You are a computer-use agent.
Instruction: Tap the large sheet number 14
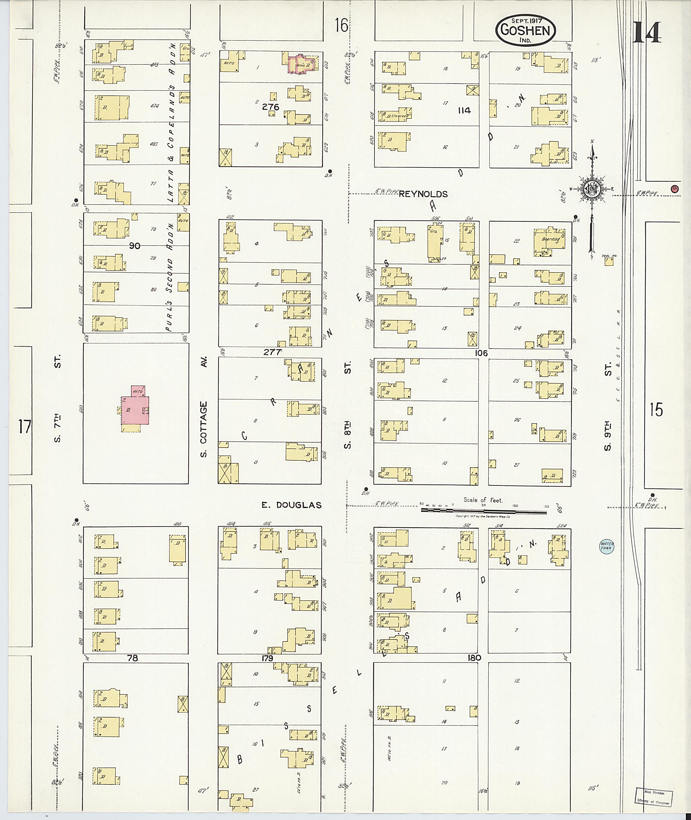[x=646, y=32]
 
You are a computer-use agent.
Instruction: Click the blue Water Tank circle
[x=607, y=547]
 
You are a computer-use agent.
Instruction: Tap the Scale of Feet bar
[x=483, y=511]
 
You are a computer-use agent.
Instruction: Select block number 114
[x=464, y=110]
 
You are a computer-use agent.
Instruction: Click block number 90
[x=134, y=246]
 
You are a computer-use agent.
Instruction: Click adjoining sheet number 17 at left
[x=24, y=426]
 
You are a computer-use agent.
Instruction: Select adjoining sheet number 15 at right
[x=656, y=409]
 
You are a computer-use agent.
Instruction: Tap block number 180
[x=474, y=658]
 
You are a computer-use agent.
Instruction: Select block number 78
[x=133, y=658]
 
